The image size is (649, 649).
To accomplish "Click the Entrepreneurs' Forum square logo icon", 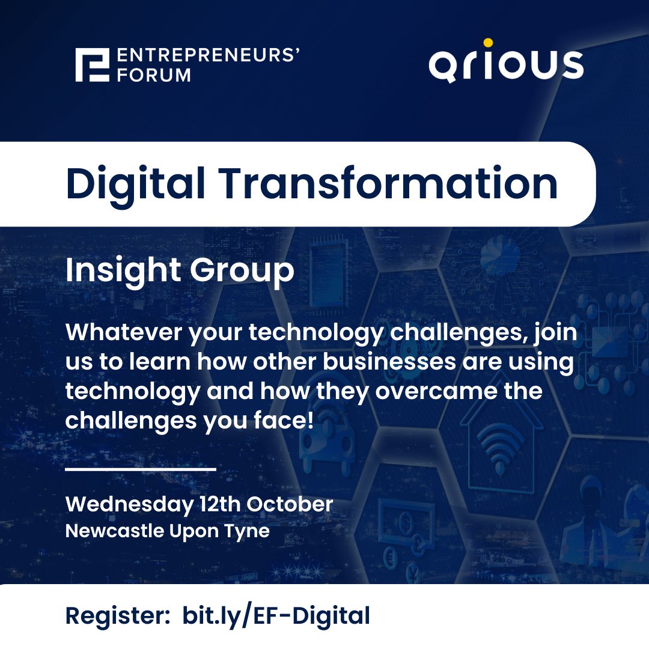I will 93,65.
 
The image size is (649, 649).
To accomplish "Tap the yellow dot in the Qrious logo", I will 488,43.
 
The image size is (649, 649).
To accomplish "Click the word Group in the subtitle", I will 242,272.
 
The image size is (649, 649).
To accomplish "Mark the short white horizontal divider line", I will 140,469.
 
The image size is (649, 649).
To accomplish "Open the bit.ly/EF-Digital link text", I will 276,616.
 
